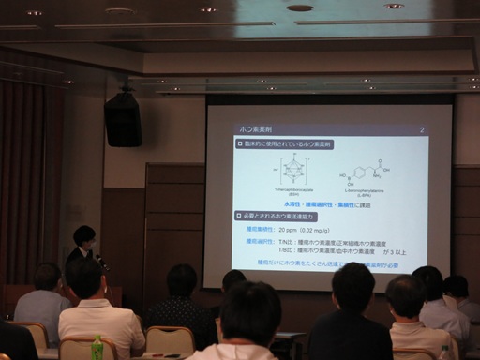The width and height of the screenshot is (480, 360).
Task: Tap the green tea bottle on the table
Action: click(x=97, y=347)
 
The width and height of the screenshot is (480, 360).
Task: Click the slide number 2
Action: click(x=423, y=128)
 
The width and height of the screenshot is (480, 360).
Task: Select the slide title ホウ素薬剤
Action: click(x=256, y=128)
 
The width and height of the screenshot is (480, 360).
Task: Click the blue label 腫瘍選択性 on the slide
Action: click(x=260, y=241)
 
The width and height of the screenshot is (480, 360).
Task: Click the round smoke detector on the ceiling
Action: click(x=300, y=7)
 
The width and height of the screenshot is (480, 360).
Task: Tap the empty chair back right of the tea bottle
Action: click(x=169, y=340)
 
